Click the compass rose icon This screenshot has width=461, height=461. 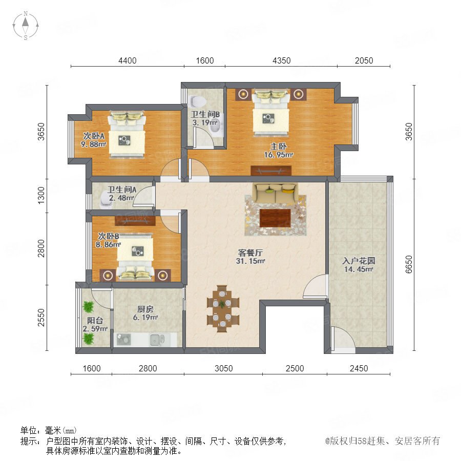(26, 26)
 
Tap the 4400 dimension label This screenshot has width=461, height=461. (128, 60)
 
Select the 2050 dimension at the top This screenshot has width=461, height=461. (364, 60)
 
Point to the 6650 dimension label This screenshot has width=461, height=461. (409, 264)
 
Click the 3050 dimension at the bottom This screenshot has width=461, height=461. (224, 368)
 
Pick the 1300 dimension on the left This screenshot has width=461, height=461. (41, 196)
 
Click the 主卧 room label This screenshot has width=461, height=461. (279, 146)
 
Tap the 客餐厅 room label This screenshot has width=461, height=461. (250, 253)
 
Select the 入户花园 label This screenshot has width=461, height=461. (359, 261)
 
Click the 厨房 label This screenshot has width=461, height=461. (145, 309)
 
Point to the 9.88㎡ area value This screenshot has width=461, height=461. (94, 144)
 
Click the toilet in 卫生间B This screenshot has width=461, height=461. (197, 101)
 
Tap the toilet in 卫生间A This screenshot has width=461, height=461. (105, 200)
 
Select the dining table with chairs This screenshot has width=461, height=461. (223, 308)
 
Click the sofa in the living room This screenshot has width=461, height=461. (276, 193)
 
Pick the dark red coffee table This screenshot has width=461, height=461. (275, 218)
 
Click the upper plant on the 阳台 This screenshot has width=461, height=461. (88, 307)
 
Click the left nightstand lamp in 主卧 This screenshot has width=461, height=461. (243, 94)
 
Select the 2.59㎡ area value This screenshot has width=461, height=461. (95, 329)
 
